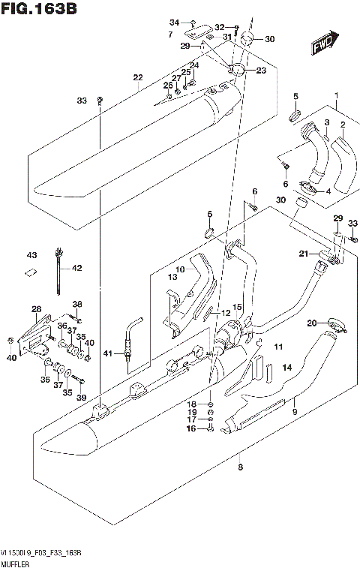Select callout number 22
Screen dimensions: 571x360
point(137,78)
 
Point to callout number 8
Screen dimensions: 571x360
point(240,467)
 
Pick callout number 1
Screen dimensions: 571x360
point(337,95)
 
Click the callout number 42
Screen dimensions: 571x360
point(76,267)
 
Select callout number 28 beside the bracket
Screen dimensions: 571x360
point(35,309)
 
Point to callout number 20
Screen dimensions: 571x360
point(310,323)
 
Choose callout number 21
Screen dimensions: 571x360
point(304,254)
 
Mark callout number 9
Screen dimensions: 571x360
point(295,412)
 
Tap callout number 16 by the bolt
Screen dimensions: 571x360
point(190,429)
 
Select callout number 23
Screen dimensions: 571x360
point(261,71)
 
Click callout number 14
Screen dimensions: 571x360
point(286,368)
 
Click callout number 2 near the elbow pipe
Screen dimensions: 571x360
point(342,125)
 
